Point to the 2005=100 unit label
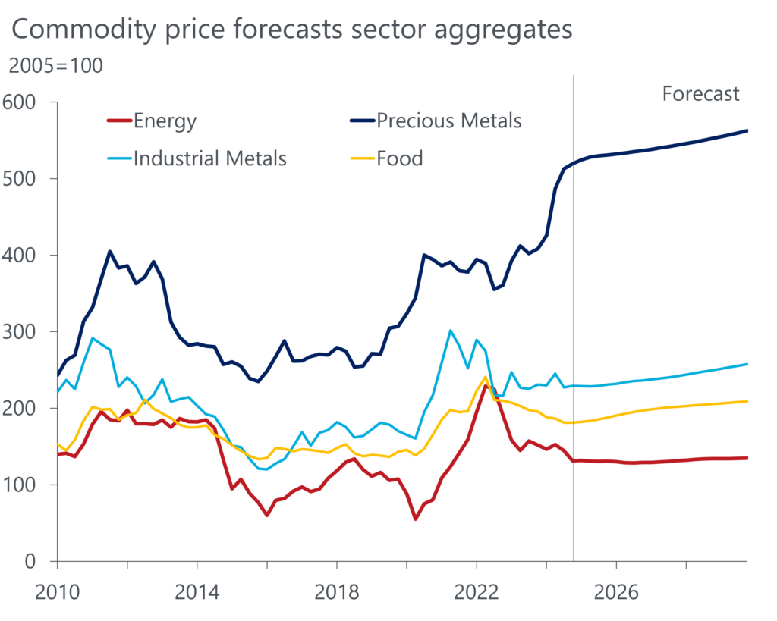click(x=55, y=66)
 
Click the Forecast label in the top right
click(x=700, y=94)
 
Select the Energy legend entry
click(x=164, y=121)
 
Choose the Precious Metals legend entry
click(x=448, y=121)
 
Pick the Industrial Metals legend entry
click(x=209, y=158)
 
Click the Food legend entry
click(x=399, y=158)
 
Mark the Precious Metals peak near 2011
click(x=109, y=251)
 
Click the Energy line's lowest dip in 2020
click(x=415, y=519)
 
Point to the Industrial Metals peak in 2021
click(x=451, y=331)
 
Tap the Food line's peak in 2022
click(x=485, y=377)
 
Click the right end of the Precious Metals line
click(x=747, y=130)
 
